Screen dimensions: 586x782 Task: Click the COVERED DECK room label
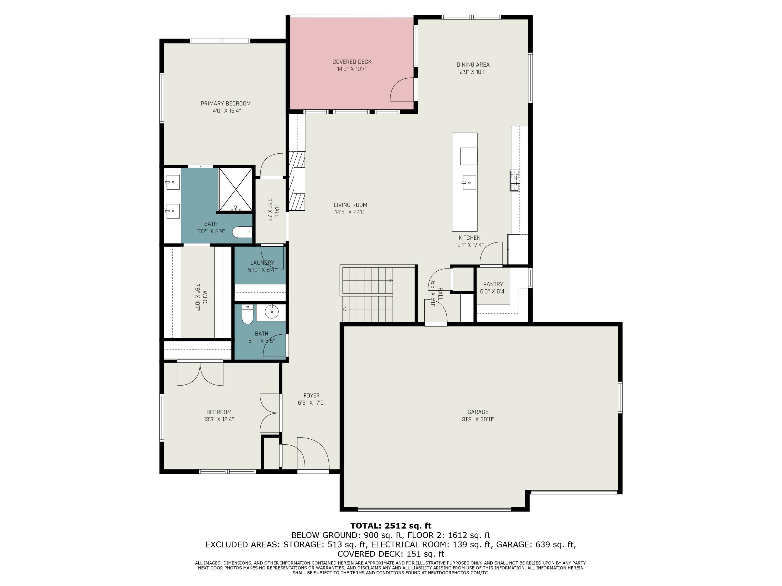[352, 62]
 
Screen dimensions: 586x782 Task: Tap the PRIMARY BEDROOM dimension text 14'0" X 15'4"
[225, 111]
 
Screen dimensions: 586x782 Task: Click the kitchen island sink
[469, 183]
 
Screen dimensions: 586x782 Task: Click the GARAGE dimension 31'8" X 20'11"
[478, 419]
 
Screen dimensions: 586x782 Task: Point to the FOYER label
[311, 396]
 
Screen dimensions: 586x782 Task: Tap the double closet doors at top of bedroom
[200, 375]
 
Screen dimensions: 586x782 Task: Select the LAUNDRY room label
[262, 263]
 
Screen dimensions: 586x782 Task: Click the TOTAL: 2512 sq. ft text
[391, 526]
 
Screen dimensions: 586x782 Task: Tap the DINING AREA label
[473, 65]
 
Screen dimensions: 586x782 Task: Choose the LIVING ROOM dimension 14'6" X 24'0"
[350, 212]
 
